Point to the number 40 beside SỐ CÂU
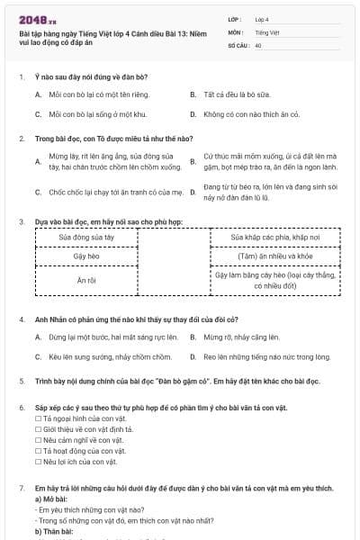[258, 44]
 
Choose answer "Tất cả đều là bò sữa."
[236, 94]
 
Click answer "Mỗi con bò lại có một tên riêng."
[97, 94]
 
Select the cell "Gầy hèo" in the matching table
[85, 256]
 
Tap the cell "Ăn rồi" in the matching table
[85, 281]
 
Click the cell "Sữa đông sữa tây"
[85, 237]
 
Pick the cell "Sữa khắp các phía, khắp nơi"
[274, 237]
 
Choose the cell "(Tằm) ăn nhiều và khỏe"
[274, 256]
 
